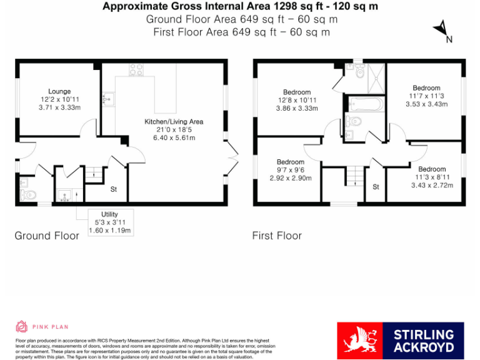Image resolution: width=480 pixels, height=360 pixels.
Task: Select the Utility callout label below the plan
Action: click(x=109, y=222)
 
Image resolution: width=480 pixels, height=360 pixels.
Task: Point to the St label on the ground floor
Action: click(x=114, y=189)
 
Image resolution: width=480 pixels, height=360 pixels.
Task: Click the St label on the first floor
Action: click(x=376, y=187)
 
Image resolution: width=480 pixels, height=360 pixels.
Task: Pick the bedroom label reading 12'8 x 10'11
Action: click(x=297, y=100)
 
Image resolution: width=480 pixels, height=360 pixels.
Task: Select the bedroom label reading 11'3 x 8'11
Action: click(x=432, y=177)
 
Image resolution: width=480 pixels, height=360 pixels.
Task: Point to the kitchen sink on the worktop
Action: click(x=109, y=99)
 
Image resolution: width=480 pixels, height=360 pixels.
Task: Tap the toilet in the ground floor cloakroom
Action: click(x=26, y=194)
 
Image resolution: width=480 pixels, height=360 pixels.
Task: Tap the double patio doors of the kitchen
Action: click(x=232, y=158)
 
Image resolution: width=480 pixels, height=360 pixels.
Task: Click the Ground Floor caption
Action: click(x=47, y=236)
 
